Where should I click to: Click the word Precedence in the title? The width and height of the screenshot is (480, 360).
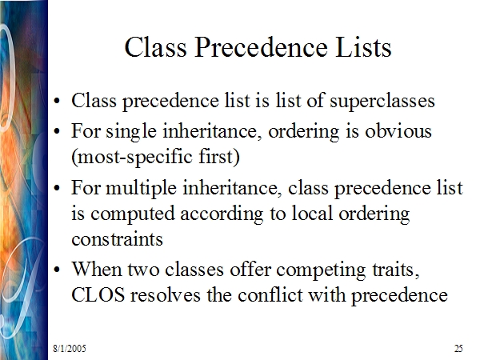261,47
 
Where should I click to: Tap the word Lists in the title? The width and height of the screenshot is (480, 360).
363,47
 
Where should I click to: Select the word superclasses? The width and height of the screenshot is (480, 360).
382,102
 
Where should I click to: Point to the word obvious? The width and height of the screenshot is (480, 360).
398,131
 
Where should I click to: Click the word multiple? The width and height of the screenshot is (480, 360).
141,189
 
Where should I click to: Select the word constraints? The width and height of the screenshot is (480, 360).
117,239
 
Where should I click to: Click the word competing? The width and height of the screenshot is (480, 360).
321,270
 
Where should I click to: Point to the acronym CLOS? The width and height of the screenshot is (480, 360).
98,295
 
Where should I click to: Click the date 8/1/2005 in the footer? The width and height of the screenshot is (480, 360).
70,348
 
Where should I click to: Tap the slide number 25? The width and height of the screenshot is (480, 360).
458,348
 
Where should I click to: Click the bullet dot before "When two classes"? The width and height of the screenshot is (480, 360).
57,270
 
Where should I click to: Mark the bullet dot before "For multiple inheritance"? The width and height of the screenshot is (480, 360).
57,188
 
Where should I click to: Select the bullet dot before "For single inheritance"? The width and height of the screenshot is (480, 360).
57,131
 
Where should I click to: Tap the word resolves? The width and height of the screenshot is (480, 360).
166,295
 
